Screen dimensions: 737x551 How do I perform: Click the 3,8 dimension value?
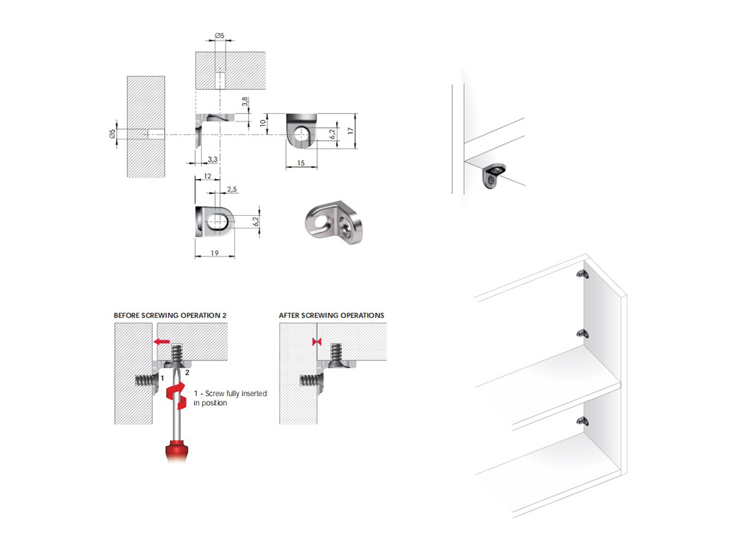pyautogui.click(x=245, y=102)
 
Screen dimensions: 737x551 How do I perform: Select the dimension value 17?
pyautogui.click(x=350, y=130)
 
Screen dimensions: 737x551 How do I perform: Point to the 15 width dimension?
pyautogui.click(x=301, y=163)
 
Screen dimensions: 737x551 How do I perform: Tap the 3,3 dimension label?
pyautogui.click(x=212, y=159)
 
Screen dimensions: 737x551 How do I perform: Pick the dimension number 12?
pyautogui.click(x=208, y=176)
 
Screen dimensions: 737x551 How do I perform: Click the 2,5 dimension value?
pyautogui.click(x=232, y=189)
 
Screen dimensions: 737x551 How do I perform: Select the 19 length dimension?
pyautogui.click(x=214, y=253)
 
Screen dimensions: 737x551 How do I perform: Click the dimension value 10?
pyautogui.click(x=263, y=123)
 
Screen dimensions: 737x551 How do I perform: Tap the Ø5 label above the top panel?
pyautogui.click(x=219, y=35)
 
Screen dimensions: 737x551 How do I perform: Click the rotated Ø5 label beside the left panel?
pyautogui.click(x=112, y=134)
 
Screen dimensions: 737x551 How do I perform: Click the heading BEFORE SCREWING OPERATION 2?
pyautogui.click(x=170, y=315)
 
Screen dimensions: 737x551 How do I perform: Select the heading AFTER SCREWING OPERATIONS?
pyautogui.click(x=332, y=315)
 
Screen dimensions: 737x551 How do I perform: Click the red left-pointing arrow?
pyautogui.click(x=162, y=342)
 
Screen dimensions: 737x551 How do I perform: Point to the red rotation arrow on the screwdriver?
pyautogui.click(x=176, y=396)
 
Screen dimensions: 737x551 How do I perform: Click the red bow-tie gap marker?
pyautogui.click(x=317, y=342)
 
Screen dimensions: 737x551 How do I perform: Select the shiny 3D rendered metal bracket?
pyautogui.click(x=333, y=224)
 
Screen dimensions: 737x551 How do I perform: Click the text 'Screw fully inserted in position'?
pyautogui.click(x=230, y=398)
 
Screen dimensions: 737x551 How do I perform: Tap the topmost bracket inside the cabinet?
pyautogui.click(x=583, y=274)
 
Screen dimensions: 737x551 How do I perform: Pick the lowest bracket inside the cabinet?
pyautogui.click(x=583, y=421)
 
